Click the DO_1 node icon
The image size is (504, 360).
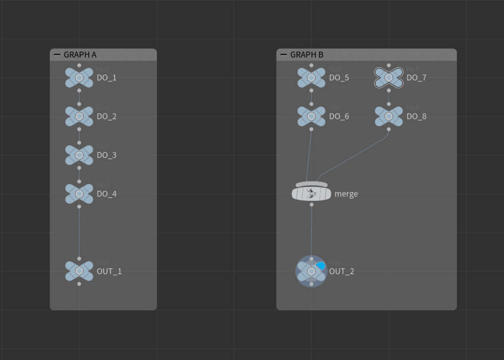pos(79,78)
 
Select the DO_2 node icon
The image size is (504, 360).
pos(79,116)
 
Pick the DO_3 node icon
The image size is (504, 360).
pos(79,155)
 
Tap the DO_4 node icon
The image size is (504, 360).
pos(79,194)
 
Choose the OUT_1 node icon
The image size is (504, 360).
pos(79,271)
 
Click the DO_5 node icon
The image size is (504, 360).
pos(311,78)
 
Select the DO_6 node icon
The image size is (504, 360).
pos(311,116)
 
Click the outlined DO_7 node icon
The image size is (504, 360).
pos(389,78)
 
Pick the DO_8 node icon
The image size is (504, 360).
pos(389,116)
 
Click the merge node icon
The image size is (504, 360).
pos(311,194)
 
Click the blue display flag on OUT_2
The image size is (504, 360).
pos(321,265)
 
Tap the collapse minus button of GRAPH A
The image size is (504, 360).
pos(57,55)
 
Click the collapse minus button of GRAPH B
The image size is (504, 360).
pos(284,55)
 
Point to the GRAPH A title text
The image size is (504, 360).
pos(80,55)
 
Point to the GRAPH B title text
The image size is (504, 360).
pos(307,55)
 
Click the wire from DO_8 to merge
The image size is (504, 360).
pos(353,156)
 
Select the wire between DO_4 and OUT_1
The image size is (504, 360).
pos(79,232)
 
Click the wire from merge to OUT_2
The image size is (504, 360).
pos(311,232)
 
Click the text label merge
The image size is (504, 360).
pos(346,194)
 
